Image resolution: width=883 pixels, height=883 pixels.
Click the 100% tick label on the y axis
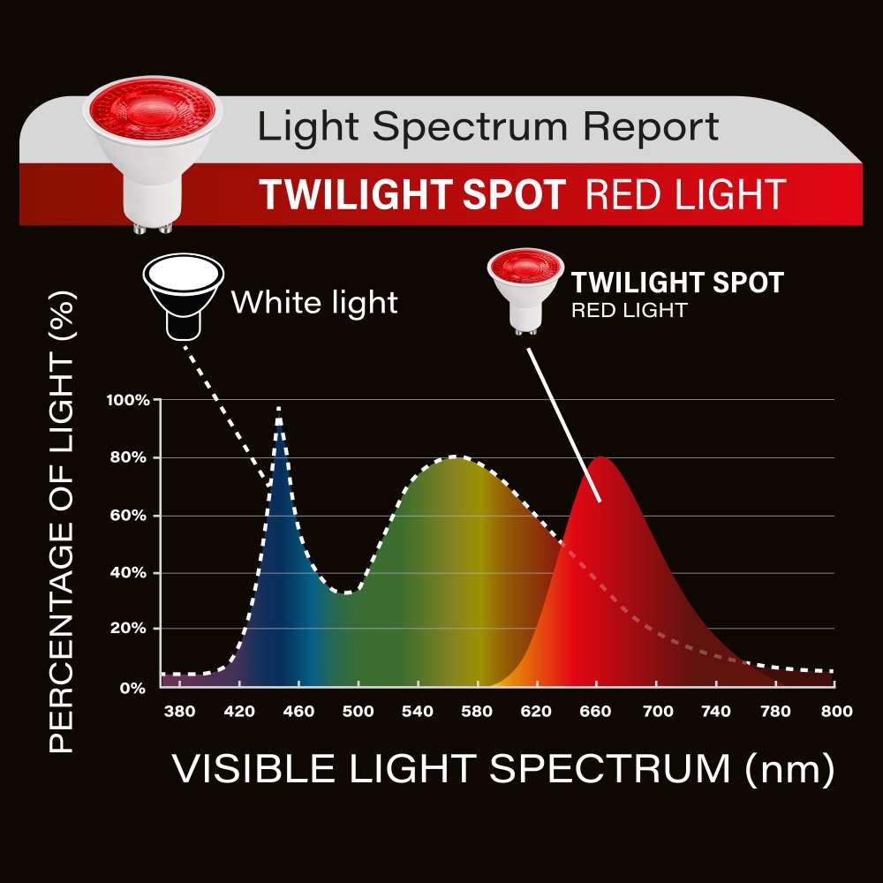[x=128, y=400]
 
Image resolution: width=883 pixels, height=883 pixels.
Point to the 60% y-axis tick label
[x=128, y=516]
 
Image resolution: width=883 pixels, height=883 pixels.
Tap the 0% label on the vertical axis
[x=132, y=688]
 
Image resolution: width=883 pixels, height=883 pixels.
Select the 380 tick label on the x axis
[x=179, y=711]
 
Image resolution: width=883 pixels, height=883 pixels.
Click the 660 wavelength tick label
[x=595, y=711]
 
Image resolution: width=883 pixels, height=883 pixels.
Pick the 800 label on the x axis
[x=836, y=711]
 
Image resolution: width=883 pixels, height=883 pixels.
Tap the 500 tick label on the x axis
[x=358, y=711]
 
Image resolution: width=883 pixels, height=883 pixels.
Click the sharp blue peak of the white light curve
[x=278, y=409]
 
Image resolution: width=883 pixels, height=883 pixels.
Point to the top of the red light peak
[x=601, y=457]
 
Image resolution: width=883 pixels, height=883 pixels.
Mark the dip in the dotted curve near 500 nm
[x=347, y=592]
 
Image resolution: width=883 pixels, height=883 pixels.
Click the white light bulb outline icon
[x=184, y=296]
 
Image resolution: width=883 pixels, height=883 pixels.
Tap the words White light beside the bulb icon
[x=314, y=302]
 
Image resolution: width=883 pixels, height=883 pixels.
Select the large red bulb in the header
[x=152, y=153]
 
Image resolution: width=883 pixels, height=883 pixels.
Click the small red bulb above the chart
[x=525, y=291]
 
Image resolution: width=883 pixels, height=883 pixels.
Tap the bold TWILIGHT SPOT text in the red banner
[x=412, y=195]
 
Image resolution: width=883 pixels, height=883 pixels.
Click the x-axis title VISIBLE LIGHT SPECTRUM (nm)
[x=503, y=768]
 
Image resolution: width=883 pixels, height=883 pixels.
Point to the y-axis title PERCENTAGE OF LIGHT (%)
[x=62, y=522]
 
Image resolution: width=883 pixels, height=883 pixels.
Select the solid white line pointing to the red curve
[x=563, y=424]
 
